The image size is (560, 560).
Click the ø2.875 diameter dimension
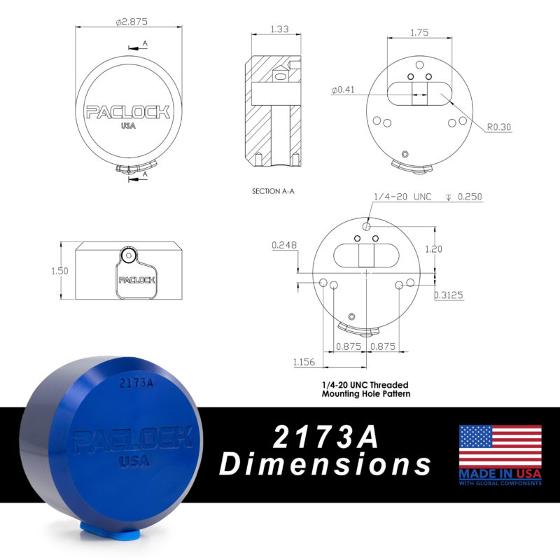point(132,22)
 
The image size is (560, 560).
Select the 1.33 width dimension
point(279,29)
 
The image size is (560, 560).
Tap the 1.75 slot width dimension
point(419,32)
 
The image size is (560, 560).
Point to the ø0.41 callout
point(343,90)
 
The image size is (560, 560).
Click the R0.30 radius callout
point(499,127)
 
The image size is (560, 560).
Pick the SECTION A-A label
point(273,191)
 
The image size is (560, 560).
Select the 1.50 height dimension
point(59,271)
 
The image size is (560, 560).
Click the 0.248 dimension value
point(284,245)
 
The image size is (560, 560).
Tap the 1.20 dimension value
point(433,249)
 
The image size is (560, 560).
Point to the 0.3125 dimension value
point(449,295)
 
